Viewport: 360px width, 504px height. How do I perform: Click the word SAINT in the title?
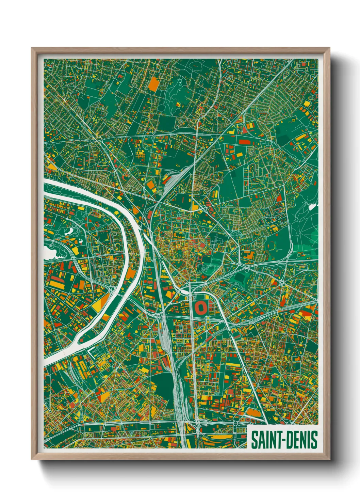click(266, 440)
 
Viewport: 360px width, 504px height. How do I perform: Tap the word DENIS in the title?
click(301, 440)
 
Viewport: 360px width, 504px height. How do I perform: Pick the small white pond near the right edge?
click(312, 206)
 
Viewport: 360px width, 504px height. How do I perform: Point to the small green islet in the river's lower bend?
click(79, 339)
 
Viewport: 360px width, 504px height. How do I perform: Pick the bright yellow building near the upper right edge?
click(301, 138)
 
